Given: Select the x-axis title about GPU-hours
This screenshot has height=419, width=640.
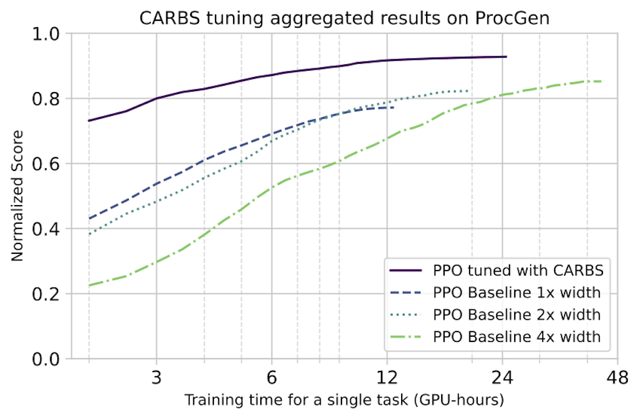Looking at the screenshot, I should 344,400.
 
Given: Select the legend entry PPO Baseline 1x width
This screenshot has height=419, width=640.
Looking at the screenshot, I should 516,292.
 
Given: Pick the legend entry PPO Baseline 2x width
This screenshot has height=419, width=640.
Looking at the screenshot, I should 516,315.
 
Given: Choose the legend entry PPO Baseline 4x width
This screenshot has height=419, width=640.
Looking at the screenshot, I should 516,337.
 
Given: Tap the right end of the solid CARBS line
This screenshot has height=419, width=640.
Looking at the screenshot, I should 507,57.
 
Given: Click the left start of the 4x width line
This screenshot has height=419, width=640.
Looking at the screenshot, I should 89,285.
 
